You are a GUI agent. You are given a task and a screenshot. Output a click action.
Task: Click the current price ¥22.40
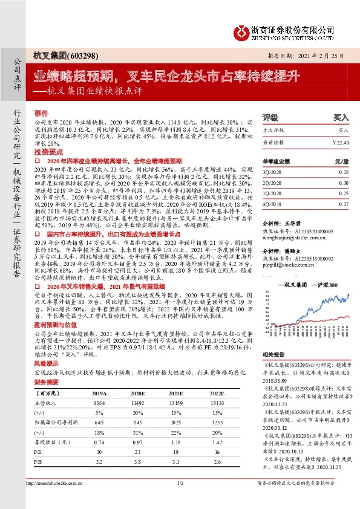pos(341,142)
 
